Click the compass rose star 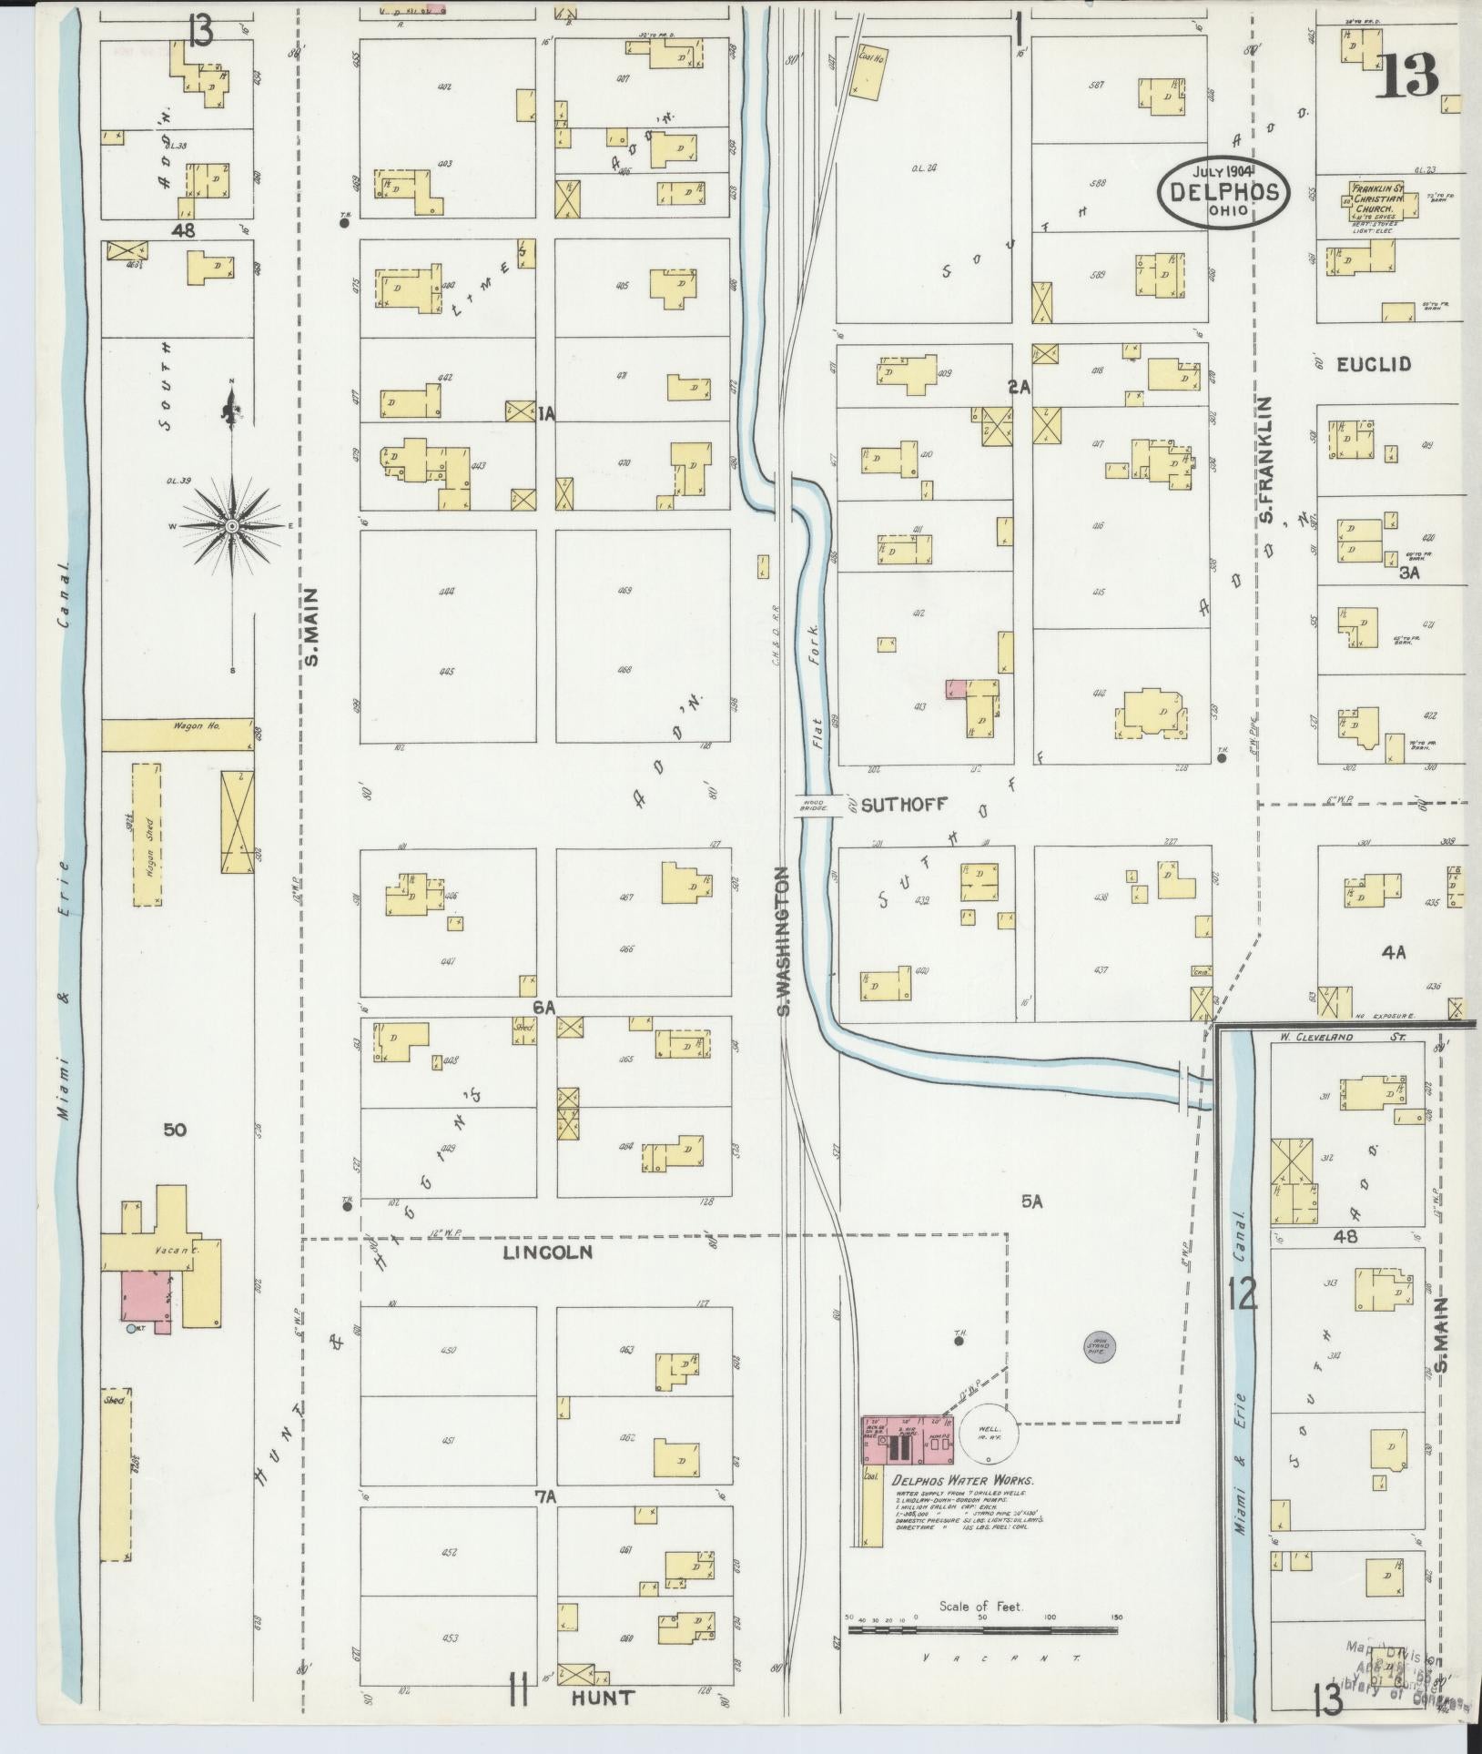[x=233, y=526]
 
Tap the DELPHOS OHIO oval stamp [x=1223, y=192]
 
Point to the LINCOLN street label [x=547, y=1252]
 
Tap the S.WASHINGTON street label [x=781, y=942]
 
